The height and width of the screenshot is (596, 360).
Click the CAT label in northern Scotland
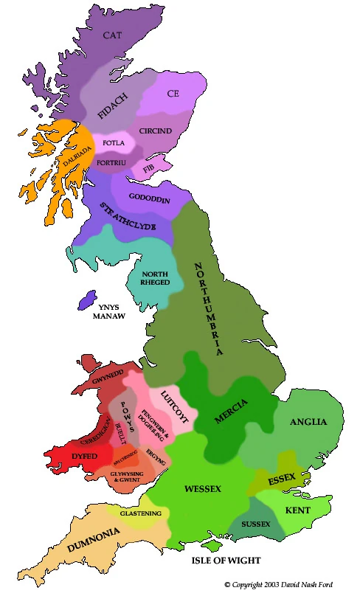(112, 35)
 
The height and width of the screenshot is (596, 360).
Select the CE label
(173, 94)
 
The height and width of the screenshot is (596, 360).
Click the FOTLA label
(114, 142)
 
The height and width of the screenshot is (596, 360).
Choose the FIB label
(150, 169)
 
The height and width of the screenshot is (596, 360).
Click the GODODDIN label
(150, 199)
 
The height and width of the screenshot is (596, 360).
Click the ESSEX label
(282, 480)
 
